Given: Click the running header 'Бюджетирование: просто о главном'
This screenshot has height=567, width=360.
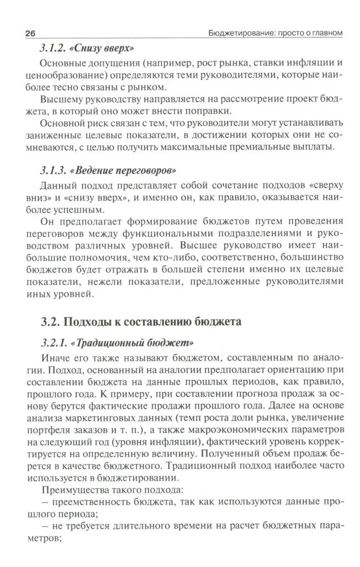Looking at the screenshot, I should tap(275, 33).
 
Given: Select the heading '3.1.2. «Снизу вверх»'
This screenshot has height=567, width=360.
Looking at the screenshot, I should tap(90, 49).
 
